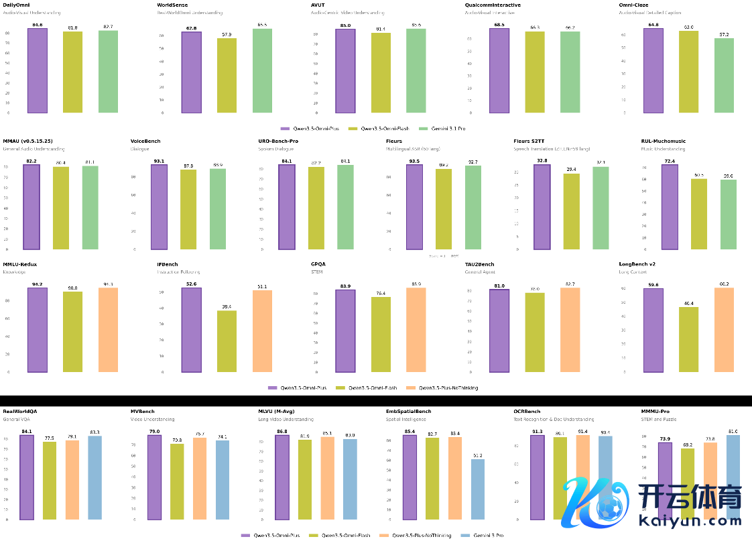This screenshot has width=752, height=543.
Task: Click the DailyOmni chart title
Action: pyautogui.click(x=17, y=5)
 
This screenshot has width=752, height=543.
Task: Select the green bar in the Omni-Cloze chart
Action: pyautogui.click(x=724, y=75)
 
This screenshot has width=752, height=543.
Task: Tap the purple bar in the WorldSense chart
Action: pyautogui.click(x=191, y=72)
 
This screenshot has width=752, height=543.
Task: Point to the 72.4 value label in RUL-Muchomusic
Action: pyautogui.click(x=669, y=162)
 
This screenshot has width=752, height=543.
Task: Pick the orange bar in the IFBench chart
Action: pyautogui.click(x=262, y=331)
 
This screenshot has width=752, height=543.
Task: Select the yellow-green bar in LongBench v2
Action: pyautogui.click(x=688, y=339)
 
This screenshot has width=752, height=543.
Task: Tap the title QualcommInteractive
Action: pyautogui.click(x=493, y=5)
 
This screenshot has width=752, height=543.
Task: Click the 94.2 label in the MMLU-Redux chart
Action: pyautogui.click(x=37, y=284)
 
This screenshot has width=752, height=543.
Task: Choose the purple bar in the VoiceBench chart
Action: pyautogui.click(x=159, y=206)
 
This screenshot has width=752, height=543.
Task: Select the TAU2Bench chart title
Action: pyautogui.click(x=480, y=264)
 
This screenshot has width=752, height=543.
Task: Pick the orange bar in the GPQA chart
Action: pyautogui.click(x=416, y=330)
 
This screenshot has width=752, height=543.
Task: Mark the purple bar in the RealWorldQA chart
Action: pyautogui.click(x=27, y=477)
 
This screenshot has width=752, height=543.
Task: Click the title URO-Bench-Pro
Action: pyautogui.click(x=278, y=141)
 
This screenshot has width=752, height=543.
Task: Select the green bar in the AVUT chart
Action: pyautogui.click(x=416, y=70)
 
